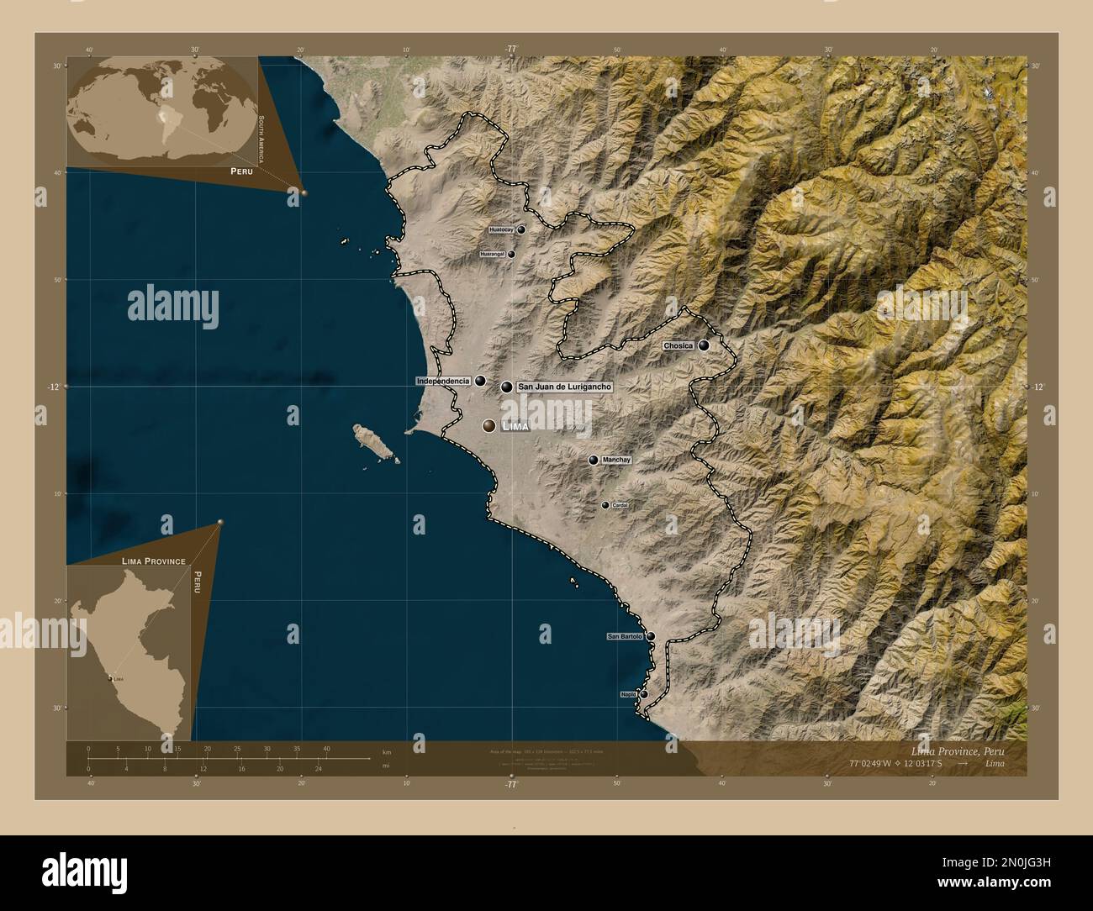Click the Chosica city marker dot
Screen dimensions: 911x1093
[x=704, y=345]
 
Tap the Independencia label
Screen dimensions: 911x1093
[x=443, y=382]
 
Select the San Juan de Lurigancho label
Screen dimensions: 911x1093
[x=563, y=387]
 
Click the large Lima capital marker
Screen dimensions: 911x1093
[x=488, y=426]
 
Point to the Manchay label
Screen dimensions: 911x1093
[x=616, y=461]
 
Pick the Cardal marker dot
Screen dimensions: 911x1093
[x=605, y=505]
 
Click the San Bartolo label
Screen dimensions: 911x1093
[x=625, y=637]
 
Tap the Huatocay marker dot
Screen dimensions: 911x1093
[x=521, y=229]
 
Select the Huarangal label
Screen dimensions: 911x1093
[x=492, y=254]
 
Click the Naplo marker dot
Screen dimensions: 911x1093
[x=644, y=694]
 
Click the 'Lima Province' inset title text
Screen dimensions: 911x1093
[x=148, y=560]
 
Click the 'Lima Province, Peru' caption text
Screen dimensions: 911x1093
[x=957, y=750]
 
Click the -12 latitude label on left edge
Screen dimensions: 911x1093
[x=54, y=387]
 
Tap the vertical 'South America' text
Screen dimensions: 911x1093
[x=262, y=140]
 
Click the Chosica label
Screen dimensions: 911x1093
[x=678, y=345]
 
